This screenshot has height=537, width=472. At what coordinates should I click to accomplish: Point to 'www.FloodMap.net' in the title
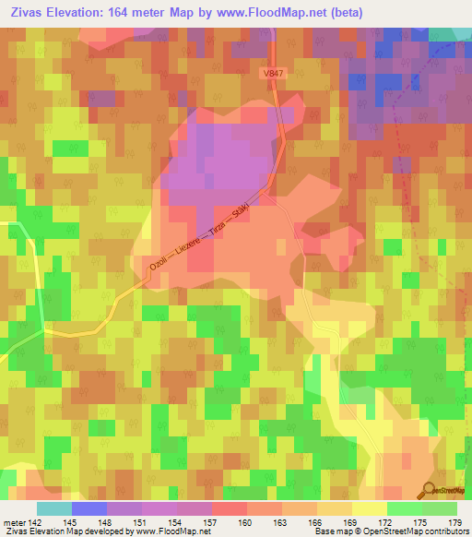tap(275, 12)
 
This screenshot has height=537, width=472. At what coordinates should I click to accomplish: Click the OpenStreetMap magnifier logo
tap(430, 490)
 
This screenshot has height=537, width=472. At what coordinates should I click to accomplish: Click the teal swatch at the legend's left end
tap(54, 508)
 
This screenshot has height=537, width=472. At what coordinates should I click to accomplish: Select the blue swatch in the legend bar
tap(89, 508)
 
